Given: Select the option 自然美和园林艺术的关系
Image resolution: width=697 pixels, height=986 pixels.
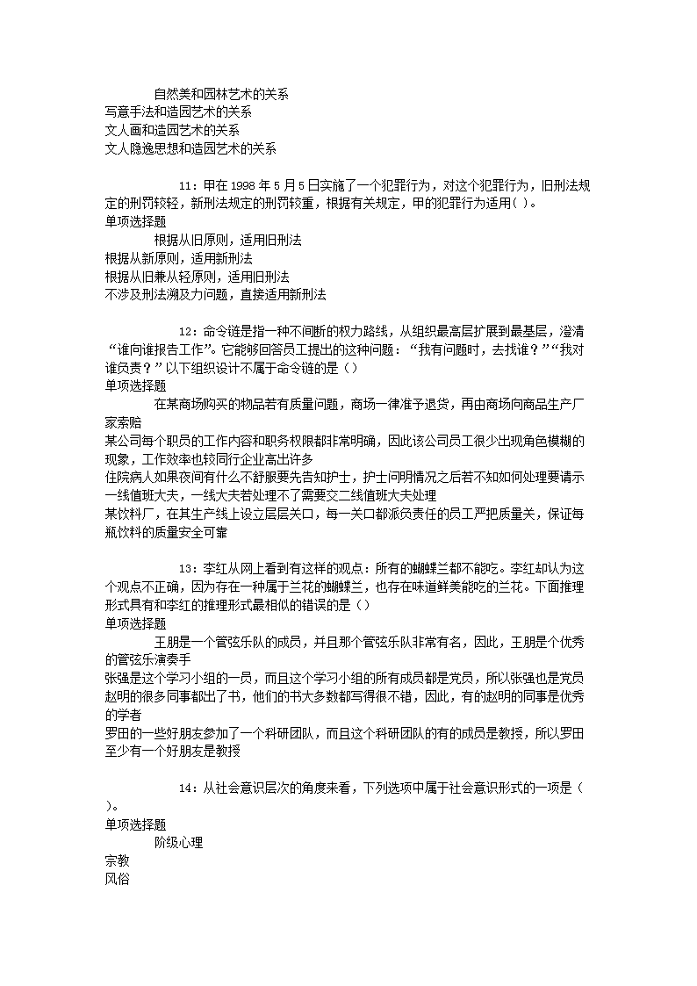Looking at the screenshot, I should click(221, 93).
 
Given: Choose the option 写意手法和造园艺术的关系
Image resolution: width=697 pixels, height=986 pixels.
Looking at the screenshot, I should click(177, 112).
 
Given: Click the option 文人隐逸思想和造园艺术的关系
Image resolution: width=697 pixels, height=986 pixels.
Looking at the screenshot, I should click(190, 148).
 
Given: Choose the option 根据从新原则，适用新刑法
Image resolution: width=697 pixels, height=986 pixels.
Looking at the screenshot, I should click(177, 258).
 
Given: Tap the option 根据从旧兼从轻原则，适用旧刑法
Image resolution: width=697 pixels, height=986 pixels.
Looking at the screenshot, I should click(196, 277).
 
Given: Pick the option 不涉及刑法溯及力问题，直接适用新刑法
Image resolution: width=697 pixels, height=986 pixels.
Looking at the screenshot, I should click(214, 295).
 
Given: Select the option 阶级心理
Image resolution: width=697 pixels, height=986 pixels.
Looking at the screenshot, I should click(178, 843).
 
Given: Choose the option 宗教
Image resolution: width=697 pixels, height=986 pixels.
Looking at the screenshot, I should click(116, 861).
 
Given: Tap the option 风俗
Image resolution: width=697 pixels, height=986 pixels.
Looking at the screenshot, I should click(116, 879).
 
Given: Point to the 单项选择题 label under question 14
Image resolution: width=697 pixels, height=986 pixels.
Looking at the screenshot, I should click(134, 824).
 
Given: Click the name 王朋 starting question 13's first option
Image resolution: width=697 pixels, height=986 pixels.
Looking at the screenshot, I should click(166, 642).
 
